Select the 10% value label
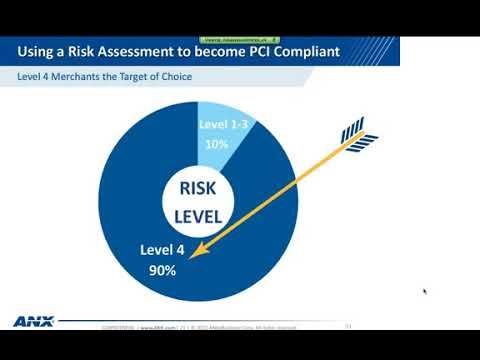[216, 143]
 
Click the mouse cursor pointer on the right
[425, 292]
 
